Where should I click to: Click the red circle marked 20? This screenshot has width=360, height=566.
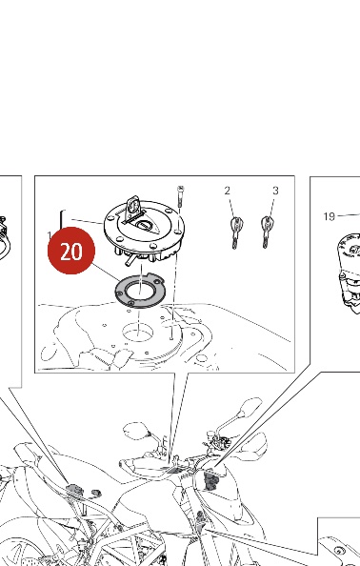71,251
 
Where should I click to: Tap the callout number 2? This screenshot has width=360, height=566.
227,191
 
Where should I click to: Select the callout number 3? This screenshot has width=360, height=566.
275,191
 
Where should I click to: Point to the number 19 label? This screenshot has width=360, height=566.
330,216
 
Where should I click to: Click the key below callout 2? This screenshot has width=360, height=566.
235,232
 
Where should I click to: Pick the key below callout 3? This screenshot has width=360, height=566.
267,232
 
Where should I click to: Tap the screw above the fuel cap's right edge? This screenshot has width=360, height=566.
181,196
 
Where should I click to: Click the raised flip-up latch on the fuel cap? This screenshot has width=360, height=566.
132,209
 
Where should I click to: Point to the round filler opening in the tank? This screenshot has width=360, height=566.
138,333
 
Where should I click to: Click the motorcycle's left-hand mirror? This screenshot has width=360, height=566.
136,431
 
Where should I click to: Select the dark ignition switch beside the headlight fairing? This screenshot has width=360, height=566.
210,481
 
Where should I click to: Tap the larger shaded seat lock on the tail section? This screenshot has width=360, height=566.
75,490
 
